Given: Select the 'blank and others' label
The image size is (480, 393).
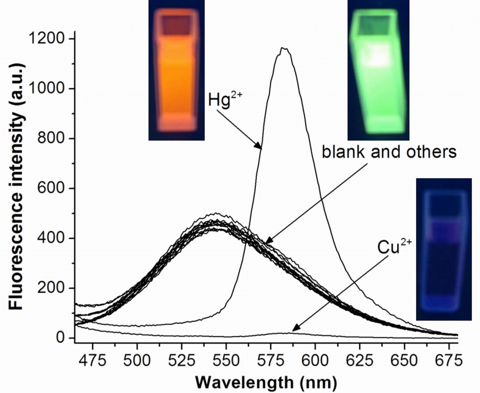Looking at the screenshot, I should (x=389, y=152).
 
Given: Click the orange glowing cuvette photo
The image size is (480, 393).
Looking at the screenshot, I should (x=176, y=70).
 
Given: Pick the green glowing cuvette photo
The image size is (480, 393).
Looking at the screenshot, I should (x=378, y=70).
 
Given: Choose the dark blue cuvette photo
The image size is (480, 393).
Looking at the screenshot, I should (x=444, y=249).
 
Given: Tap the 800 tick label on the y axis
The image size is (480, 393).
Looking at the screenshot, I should (x=51, y=138).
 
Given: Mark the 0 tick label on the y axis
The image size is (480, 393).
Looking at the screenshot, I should (x=60, y=338).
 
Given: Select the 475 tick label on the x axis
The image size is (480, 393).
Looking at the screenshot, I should (x=93, y=361).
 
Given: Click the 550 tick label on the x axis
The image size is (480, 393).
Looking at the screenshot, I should (x=226, y=361).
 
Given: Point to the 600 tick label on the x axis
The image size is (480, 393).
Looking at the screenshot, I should (x=315, y=361).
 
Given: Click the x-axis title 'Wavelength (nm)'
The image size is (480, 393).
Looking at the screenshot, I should (x=266, y=383).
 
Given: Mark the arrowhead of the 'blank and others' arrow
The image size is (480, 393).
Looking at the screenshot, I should (x=267, y=242).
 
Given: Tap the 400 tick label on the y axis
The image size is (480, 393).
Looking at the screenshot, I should (x=51, y=238).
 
